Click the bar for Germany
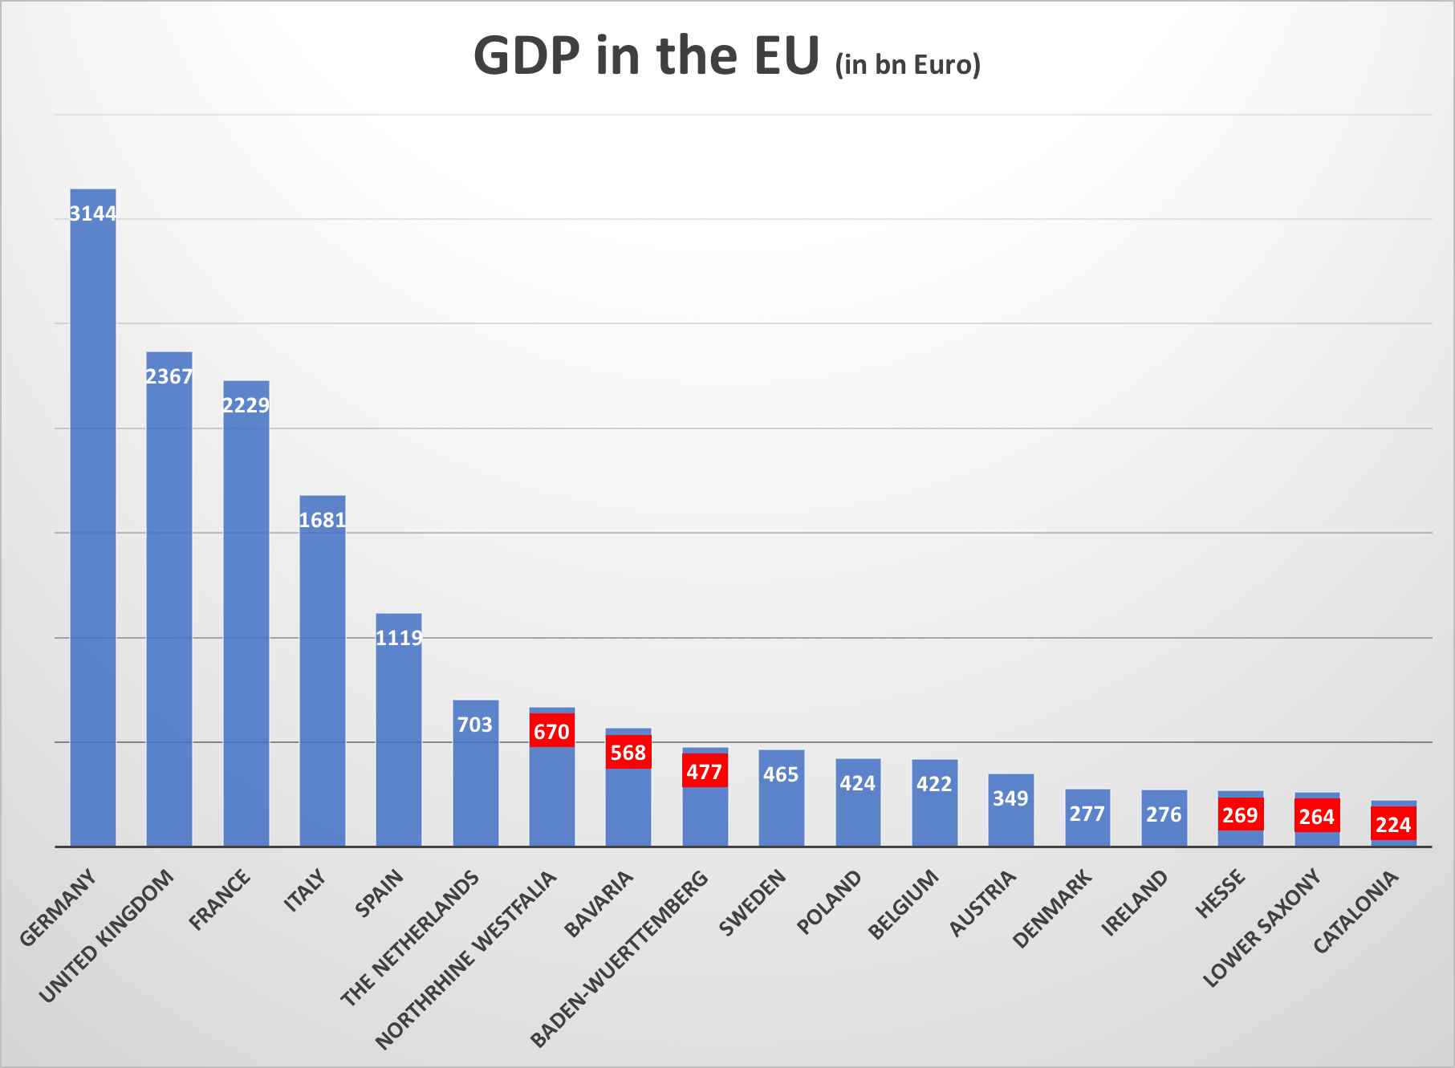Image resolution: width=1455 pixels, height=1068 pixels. [93, 522]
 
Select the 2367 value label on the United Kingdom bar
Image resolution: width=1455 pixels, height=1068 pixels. [169, 376]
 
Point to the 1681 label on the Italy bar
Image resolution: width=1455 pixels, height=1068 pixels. [323, 520]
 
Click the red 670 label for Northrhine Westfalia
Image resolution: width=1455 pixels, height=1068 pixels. [552, 731]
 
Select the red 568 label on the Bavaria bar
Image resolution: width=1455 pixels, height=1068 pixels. [628, 753]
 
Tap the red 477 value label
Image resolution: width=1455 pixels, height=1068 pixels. [705, 771]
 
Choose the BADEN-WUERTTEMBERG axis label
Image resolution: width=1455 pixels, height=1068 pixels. [620, 956]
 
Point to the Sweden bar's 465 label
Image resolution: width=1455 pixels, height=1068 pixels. [781, 774]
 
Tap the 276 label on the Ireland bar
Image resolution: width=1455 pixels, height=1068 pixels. [1164, 814]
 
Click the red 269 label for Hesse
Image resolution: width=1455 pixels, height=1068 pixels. [1240, 815]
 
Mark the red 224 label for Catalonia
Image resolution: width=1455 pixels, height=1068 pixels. [1393, 825]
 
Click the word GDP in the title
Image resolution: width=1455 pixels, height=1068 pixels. [526, 56]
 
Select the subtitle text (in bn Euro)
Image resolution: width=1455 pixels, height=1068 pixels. [908, 64]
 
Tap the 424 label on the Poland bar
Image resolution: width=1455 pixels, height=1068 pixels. [858, 783]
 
